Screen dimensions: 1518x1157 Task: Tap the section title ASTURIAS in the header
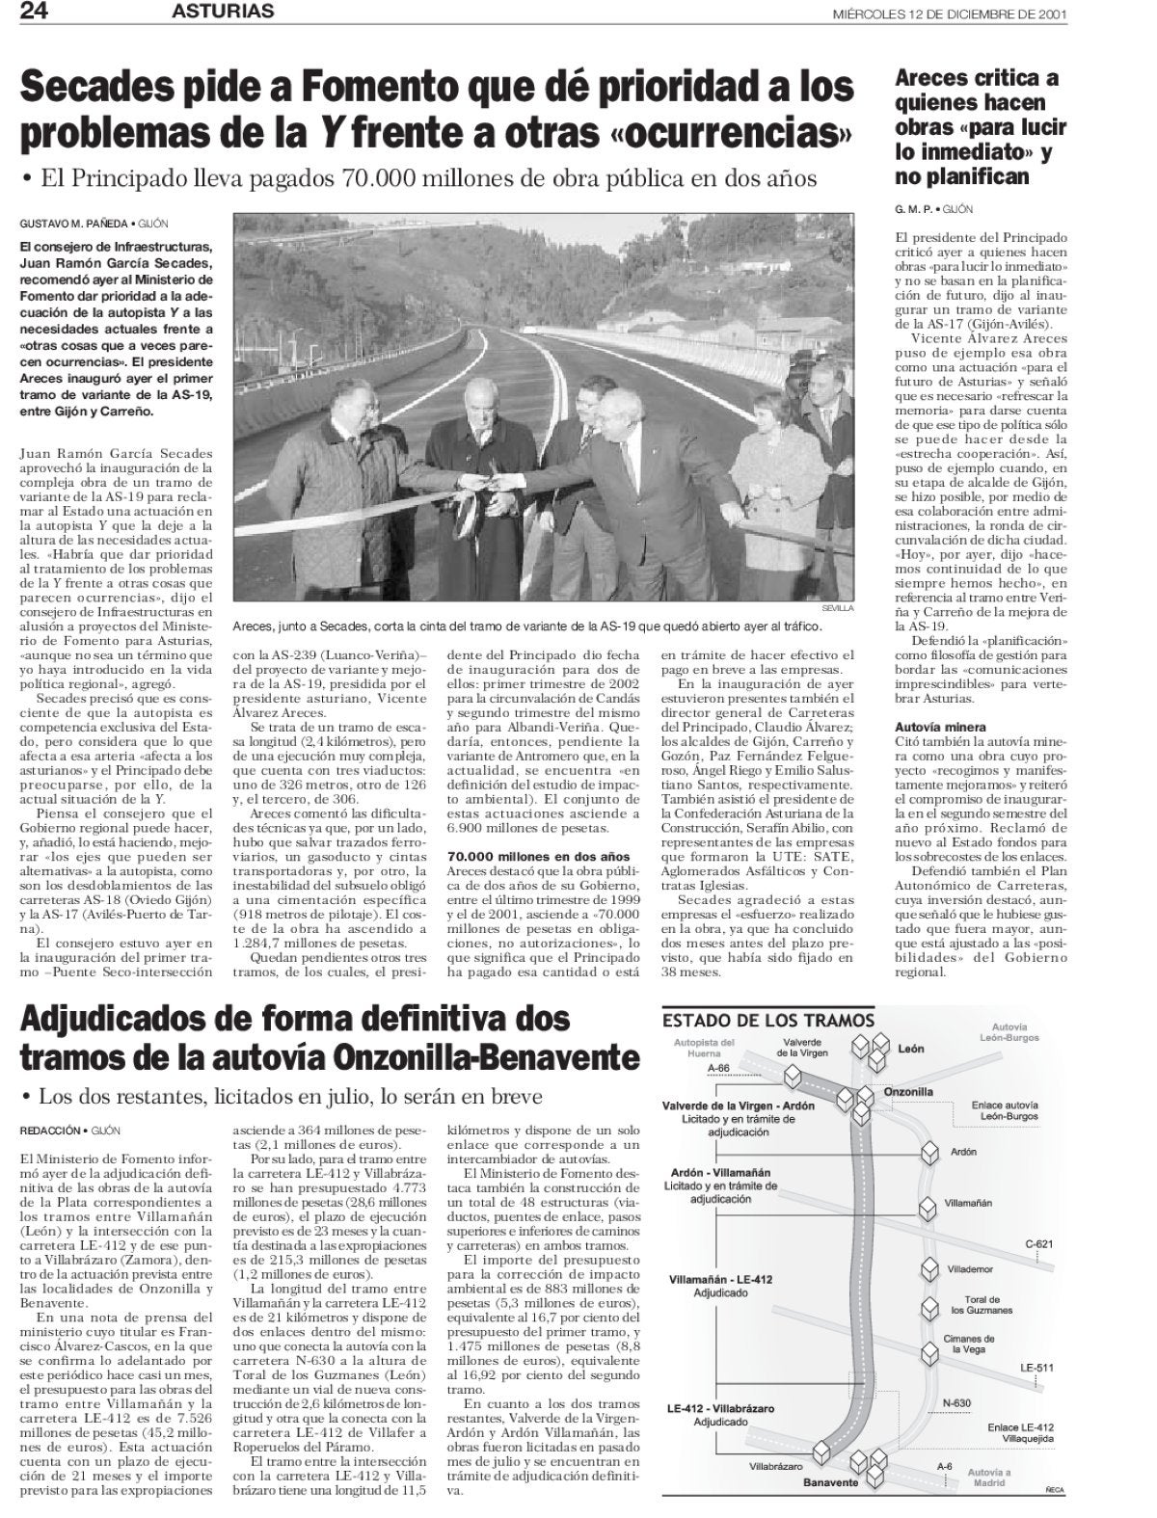224,12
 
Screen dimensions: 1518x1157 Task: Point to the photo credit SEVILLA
838,608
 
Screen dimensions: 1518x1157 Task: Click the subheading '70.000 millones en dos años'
539,856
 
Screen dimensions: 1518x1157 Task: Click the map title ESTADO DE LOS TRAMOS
768,1021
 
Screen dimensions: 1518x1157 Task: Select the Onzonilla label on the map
908,1091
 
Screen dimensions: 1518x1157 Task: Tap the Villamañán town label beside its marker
968,1203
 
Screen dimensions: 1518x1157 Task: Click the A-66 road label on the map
719,1068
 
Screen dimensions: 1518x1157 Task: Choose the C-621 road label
1037,1243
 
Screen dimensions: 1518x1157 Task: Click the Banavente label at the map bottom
830,1481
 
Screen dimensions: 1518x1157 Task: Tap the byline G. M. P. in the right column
915,208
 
